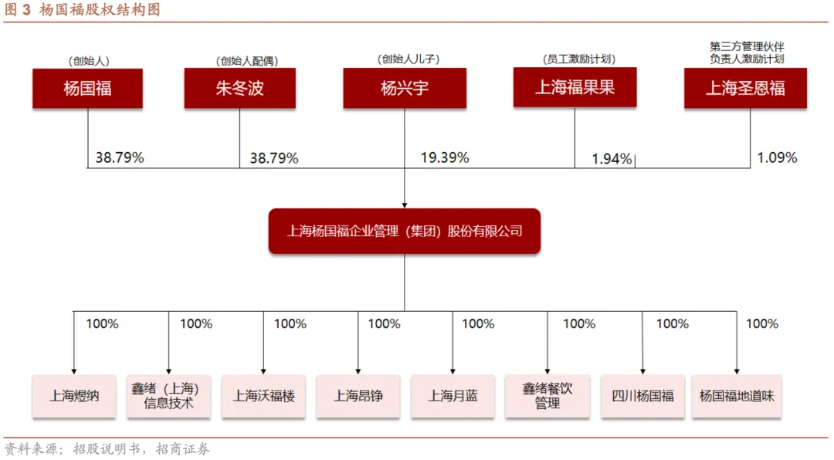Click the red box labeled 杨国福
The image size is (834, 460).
(87, 88)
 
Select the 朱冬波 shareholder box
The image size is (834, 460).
(239, 88)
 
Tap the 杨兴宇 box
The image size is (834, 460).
(405, 88)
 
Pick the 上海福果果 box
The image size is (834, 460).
(575, 86)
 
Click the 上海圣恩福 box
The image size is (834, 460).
(745, 88)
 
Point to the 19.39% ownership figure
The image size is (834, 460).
(445, 157)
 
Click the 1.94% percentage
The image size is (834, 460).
(612, 159)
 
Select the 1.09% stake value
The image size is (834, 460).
(777, 157)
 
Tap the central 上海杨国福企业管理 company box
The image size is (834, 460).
(405, 231)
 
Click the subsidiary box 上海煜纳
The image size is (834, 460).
(74, 396)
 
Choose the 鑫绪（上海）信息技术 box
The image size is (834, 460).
(168, 396)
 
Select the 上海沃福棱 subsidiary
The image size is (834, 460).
(263, 396)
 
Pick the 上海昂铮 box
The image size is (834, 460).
(358, 396)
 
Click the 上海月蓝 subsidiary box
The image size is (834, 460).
(453, 396)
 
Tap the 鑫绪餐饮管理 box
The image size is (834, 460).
(547, 396)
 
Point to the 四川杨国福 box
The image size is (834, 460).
(642, 396)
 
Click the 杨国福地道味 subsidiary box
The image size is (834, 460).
(737, 396)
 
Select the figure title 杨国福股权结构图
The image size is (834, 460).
(100, 10)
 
